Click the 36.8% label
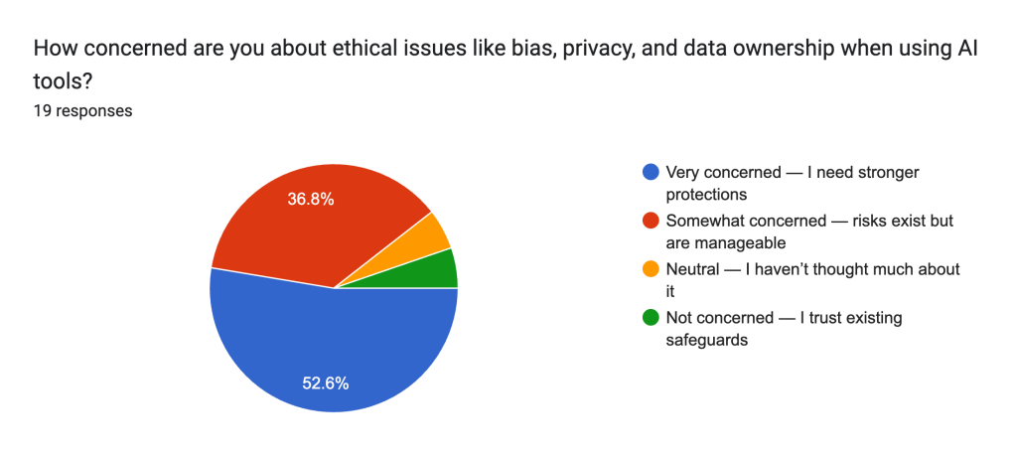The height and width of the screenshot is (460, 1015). click(311, 199)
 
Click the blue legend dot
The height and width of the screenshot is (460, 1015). click(651, 172)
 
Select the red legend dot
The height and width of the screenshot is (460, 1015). click(651, 221)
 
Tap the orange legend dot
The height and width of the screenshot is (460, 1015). click(651, 269)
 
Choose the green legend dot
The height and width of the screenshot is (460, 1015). click(651, 318)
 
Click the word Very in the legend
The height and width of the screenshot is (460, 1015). click(683, 172)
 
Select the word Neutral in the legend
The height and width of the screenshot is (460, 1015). click(693, 269)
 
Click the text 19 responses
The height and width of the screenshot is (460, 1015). click(83, 111)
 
